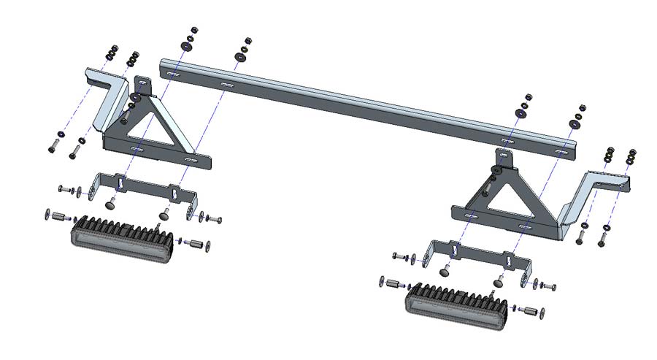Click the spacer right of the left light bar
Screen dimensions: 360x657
point(195,243)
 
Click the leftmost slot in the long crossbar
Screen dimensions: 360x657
point(174,75)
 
